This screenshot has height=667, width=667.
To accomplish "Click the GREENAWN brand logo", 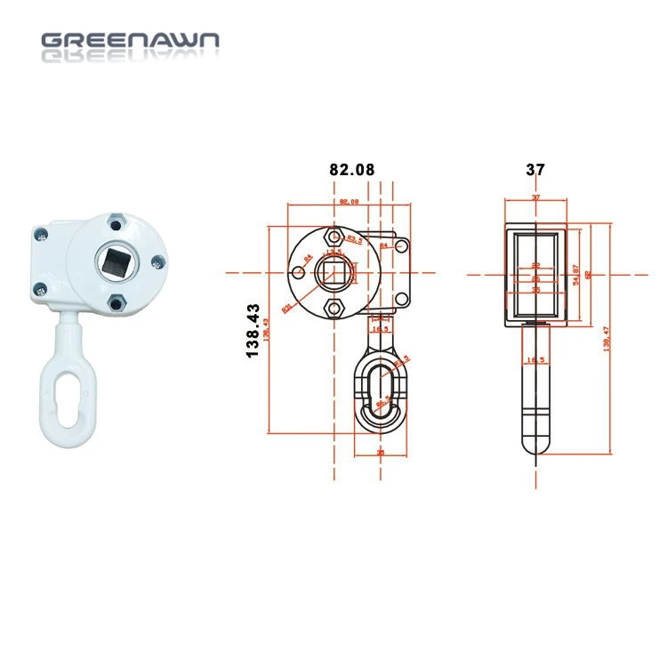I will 130,41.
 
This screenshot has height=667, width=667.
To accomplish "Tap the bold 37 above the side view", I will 535,169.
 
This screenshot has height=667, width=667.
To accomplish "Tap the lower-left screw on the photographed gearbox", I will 41,287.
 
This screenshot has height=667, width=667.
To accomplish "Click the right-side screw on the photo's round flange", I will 157,261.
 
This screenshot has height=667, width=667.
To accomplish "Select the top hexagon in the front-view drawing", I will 333,236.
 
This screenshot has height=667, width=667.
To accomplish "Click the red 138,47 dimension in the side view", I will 607,340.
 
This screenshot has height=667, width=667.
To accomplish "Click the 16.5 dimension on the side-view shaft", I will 536,360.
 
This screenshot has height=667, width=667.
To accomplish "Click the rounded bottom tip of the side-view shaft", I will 534,445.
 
